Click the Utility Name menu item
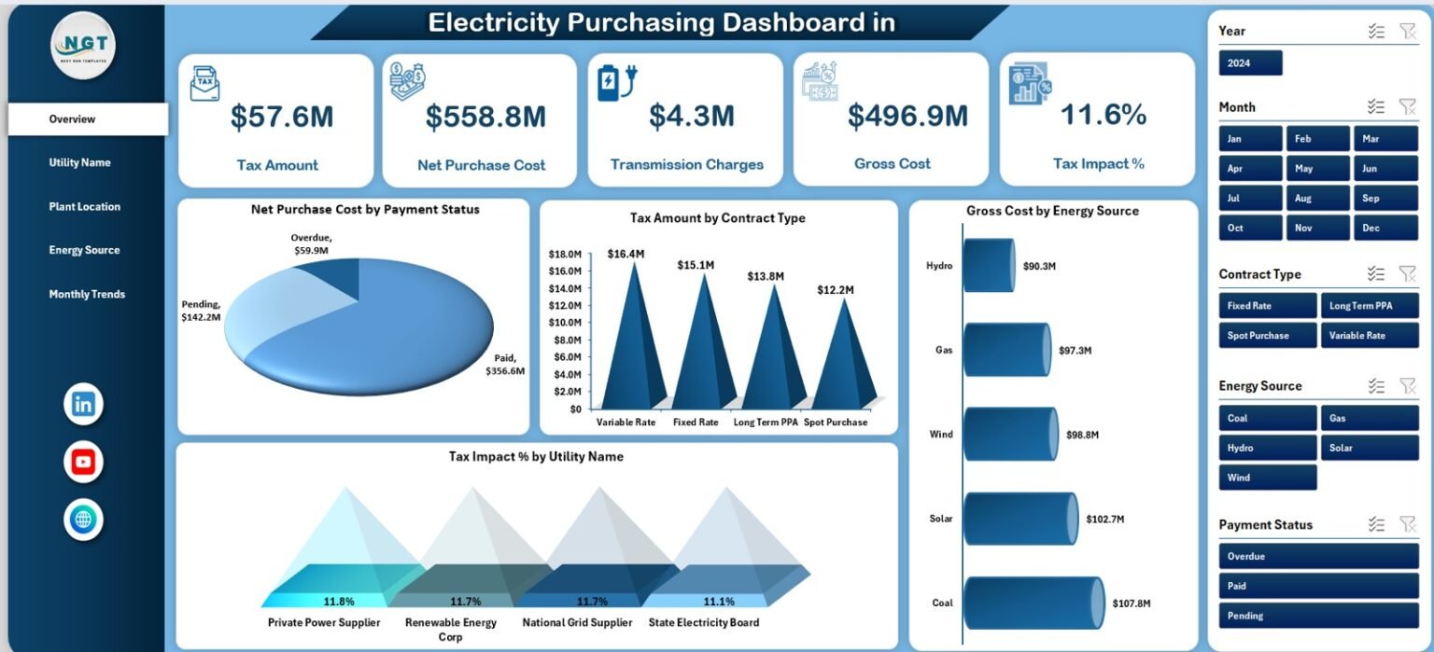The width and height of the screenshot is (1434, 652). [x=80, y=162]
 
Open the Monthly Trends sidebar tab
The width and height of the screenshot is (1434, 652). [x=87, y=294]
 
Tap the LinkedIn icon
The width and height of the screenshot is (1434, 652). [x=83, y=404]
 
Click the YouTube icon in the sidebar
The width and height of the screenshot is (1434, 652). [x=83, y=462]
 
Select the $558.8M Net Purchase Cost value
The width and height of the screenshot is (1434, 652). [x=485, y=117]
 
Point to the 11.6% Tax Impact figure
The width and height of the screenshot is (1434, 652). [x=1103, y=115]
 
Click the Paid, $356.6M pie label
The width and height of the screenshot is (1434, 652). [x=505, y=364]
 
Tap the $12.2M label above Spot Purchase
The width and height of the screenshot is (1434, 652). [x=835, y=289]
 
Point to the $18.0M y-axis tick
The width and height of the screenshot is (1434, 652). [x=565, y=254]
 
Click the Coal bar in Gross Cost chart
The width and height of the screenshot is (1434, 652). [x=1033, y=603]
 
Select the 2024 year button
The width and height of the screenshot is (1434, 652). [x=1250, y=63]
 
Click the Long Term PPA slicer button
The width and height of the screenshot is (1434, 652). [x=1369, y=306]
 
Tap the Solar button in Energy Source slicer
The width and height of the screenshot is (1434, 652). [x=1369, y=448]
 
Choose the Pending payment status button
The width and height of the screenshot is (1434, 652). [x=1318, y=616]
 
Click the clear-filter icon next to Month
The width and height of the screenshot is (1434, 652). [x=1407, y=107]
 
